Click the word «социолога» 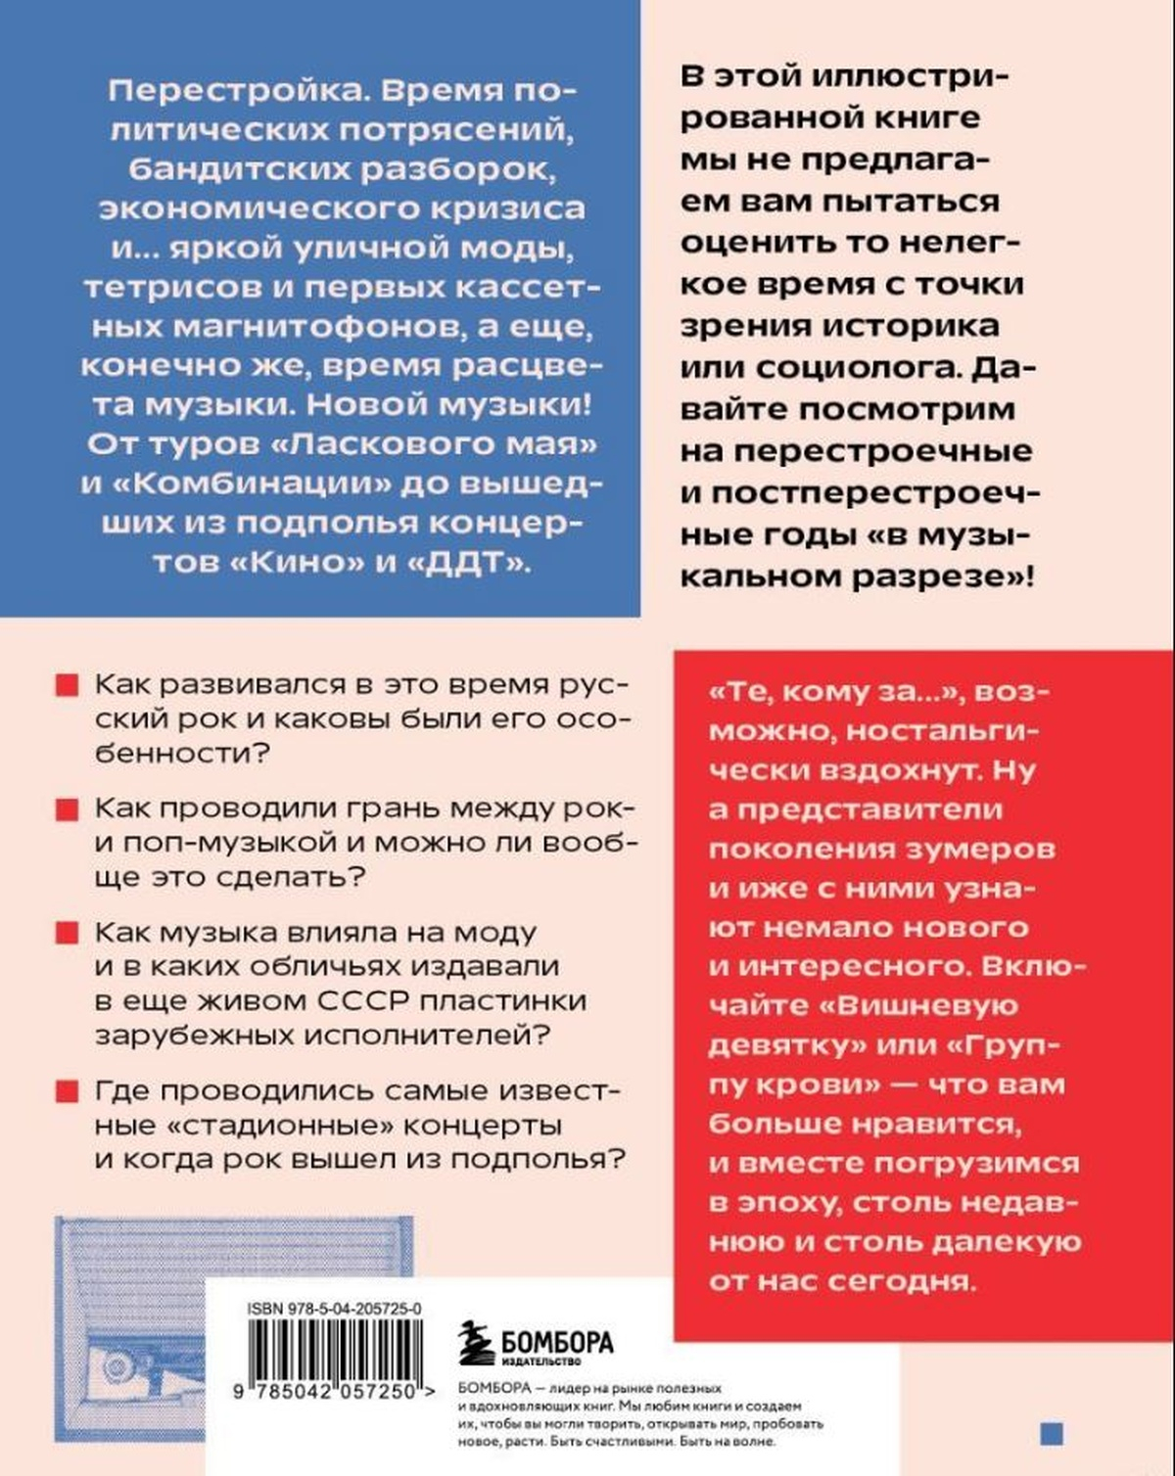coord(857,367)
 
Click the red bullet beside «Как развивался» coord(67,685)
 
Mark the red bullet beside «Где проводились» coord(67,1090)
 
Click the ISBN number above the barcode coord(335,1308)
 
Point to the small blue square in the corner coord(1051,1433)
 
